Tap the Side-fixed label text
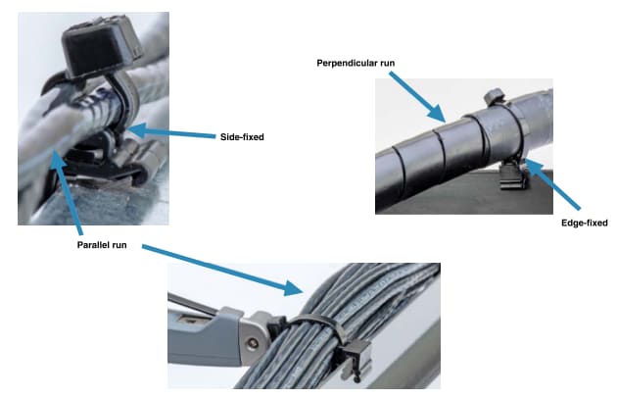[242, 136]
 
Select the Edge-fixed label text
[586, 223]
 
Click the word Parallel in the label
[94, 243]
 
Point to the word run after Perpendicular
[387, 64]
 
